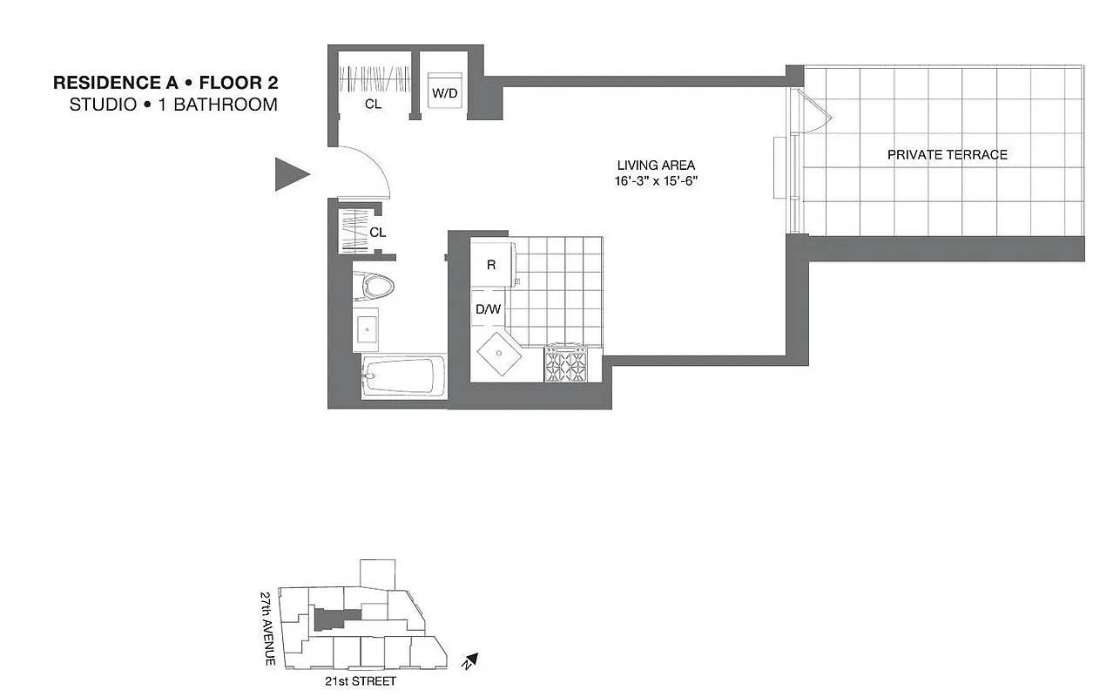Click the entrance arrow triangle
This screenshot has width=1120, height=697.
tap(291, 174)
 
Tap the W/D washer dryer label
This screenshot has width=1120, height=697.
tap(444, 93)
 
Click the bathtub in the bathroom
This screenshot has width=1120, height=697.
tap(401, 377)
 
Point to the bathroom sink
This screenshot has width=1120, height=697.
tap(367, 328)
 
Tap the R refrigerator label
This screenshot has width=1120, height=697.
tap(491, 265)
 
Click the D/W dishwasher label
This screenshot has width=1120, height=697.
tap(488, 308)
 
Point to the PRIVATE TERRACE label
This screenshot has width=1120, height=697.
tap(947, 155)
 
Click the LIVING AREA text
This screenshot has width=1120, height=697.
tap(656, 166)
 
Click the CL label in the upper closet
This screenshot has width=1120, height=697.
tap(373, 105)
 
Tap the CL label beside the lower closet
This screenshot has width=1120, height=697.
tap(378, 233)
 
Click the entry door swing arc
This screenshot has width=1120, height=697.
tap(370, 166)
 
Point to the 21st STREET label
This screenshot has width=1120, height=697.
tap(359, 680)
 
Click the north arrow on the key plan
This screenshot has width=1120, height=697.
tap(471, 661)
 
